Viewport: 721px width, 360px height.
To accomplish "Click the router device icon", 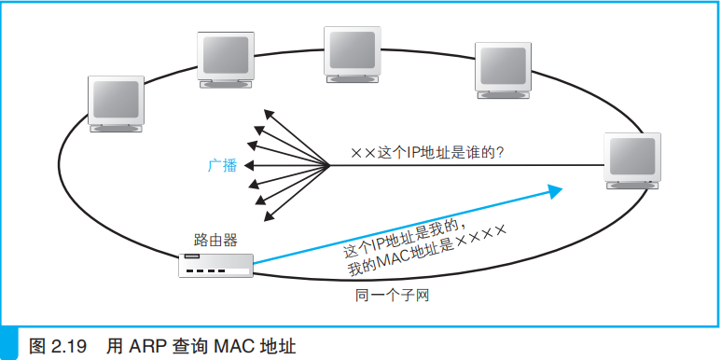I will [x=215, y=265].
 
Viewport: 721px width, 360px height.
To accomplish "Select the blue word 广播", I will [x=222, y=166].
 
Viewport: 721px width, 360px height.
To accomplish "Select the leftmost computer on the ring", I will [x=115, y=104].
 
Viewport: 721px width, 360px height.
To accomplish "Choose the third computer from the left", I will [x=352, y=54].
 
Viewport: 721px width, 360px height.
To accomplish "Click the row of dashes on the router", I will [x=207, y=271].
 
